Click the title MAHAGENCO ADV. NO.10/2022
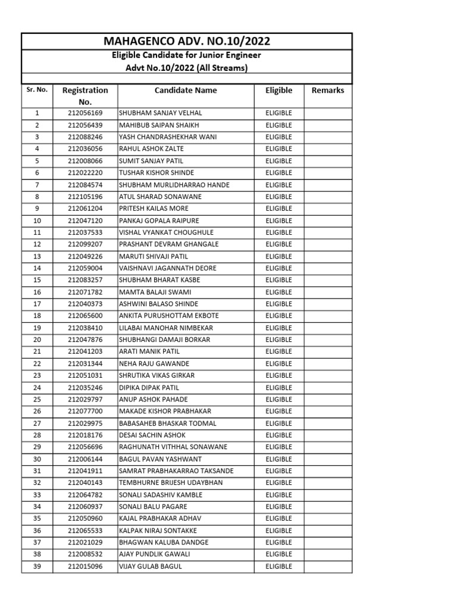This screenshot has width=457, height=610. [x=187, y=41]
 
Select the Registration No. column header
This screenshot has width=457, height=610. [x=85, y=96]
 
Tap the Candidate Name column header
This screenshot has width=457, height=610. [x=186, y=91]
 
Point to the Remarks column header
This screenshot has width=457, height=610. [x=328, y=91]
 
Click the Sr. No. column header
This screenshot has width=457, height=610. [x=37, y=90]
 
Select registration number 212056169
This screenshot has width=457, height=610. [x=85, y=113]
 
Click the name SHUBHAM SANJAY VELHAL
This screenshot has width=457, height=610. [x=161, y=113]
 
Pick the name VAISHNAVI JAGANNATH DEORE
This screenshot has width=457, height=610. [x=168, y=268]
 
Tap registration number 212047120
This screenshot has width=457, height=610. [x=85, y=220]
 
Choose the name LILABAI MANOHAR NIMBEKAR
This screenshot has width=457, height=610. [x=166, y=328]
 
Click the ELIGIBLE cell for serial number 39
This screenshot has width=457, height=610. [x=279, y=567]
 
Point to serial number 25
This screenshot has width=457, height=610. [x=37, y=399]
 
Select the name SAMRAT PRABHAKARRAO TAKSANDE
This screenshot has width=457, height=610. [x=176, y=471]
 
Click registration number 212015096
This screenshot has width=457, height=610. [x=85, y=567]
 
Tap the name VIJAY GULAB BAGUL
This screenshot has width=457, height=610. [x=151, y=567]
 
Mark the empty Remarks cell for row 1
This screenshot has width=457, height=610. [x=328, y=113]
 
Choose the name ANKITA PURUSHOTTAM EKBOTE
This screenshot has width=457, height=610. [x=169, y=316]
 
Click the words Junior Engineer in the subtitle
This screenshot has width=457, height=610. [x=231, y=55]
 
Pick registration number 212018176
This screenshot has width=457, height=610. [x=85, y=435]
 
